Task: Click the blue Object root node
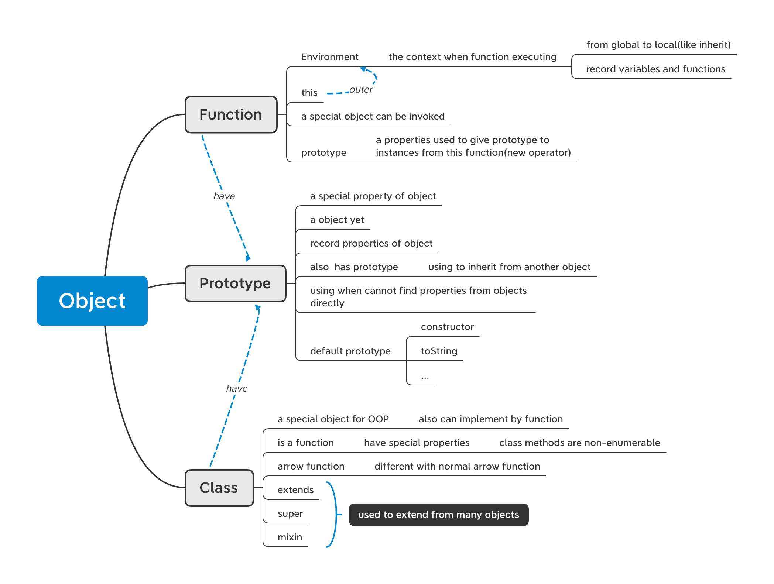92,301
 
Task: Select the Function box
231,115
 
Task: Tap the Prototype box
235,284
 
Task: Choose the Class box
219,488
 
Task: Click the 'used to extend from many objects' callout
438,515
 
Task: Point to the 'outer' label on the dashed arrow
361,90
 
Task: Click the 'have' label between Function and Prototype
224,196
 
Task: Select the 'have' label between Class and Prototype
237,389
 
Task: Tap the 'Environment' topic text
330,57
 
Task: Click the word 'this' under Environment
309,93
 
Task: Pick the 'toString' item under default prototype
439,351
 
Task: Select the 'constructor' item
447,327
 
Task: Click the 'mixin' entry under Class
290,537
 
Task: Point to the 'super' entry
290,513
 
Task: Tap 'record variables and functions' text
655,69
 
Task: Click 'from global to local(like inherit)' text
658,45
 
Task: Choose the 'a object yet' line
337,220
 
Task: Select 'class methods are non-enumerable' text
579,443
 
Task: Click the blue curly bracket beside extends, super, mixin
335,514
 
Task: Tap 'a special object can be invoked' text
373,116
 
